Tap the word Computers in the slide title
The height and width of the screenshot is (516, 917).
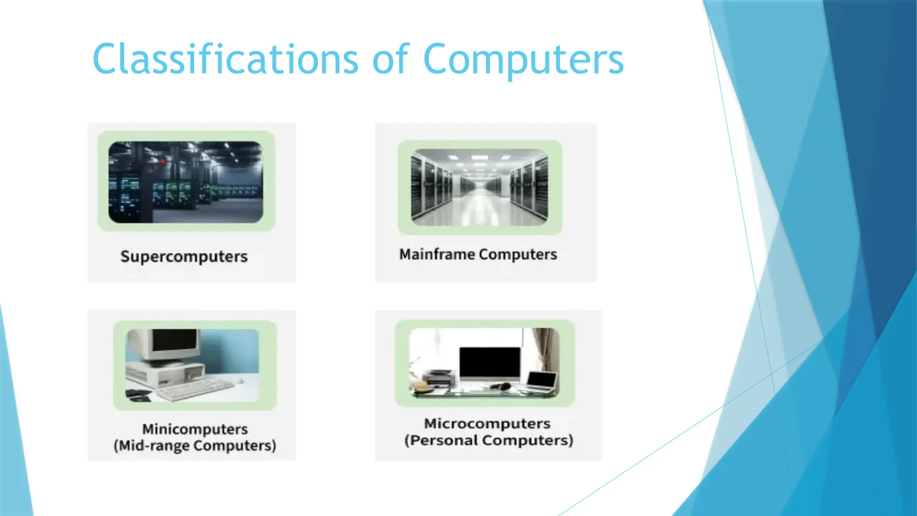[x=523, y=59]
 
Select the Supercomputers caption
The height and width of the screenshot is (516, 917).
[x=184, y=257]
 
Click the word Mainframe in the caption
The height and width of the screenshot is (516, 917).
[x=437, y=254]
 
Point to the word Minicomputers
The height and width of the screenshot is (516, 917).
[x=195, y=429]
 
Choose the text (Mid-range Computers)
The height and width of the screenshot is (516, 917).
[x=195, y=446]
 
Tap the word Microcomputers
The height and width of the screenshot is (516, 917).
[x=487, y=424]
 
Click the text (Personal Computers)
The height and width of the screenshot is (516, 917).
[x=488, y=441]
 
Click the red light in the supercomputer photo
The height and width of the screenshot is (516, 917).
[x=163, y=161]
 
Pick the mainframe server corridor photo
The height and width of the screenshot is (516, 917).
[x=479, y=187]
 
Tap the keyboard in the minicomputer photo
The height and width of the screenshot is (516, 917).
[x=195, y=389]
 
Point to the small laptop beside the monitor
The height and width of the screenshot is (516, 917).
[x=542, y=381]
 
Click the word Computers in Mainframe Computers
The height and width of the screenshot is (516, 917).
[x=518, y=254]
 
